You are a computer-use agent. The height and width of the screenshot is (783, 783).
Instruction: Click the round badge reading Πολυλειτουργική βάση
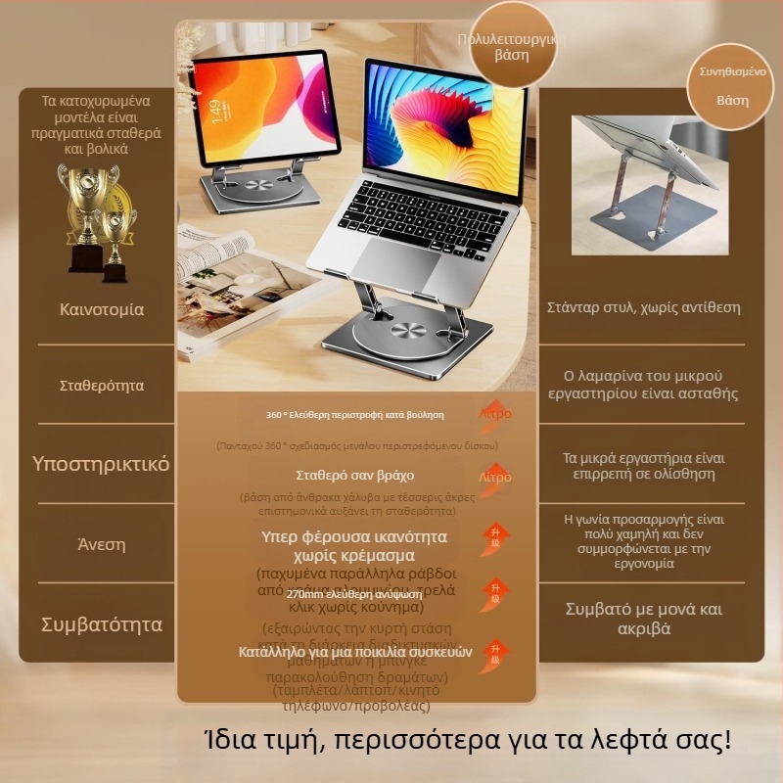point(506,46)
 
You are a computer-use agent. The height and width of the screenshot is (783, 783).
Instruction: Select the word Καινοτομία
point(102,309)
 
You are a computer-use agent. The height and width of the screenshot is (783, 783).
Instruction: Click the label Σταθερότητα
point(102,386)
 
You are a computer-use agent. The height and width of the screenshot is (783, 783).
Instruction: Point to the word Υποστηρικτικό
point(102,463)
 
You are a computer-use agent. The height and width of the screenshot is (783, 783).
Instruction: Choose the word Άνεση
point(102,544)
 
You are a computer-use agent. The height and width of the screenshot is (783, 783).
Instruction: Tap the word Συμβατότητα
point(102,624)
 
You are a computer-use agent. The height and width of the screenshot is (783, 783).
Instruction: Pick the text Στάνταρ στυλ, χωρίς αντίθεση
point(657,307)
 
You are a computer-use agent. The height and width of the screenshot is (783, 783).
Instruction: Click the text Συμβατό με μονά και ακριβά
point(657,619)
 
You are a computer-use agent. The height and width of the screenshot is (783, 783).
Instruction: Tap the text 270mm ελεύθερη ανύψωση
point(353,593)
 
